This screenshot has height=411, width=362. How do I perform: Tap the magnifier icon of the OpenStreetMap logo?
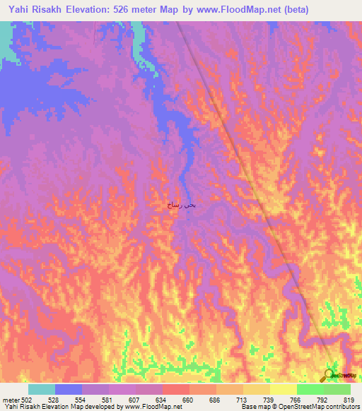tap(329, 374)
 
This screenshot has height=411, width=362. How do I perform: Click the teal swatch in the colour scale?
tap(42, 389)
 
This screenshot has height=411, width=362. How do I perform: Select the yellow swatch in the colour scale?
tap(284, 389)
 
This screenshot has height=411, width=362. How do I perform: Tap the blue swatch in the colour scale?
tap(69, 389)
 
